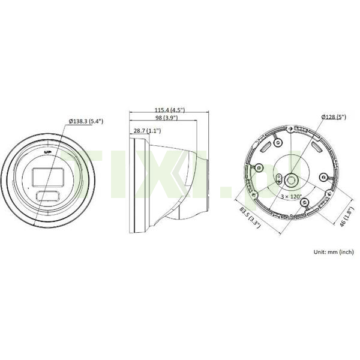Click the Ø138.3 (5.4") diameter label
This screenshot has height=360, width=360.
(x=86, y=121)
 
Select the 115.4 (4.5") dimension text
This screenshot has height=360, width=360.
(x=170, y=110)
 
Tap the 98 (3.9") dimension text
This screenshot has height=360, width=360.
(x=166, y=118)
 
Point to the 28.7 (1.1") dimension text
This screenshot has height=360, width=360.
(x=147, y=131)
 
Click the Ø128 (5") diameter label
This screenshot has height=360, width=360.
(x=334, y=117)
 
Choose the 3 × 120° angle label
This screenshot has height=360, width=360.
(x=291, y=197)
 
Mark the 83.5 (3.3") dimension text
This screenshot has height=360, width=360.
(x=250, y=217)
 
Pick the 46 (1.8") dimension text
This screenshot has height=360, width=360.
(x=346, y=217)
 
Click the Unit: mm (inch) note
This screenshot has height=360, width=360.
(x=334, y=252)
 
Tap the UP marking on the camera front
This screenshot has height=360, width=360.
(x=48, y=152)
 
